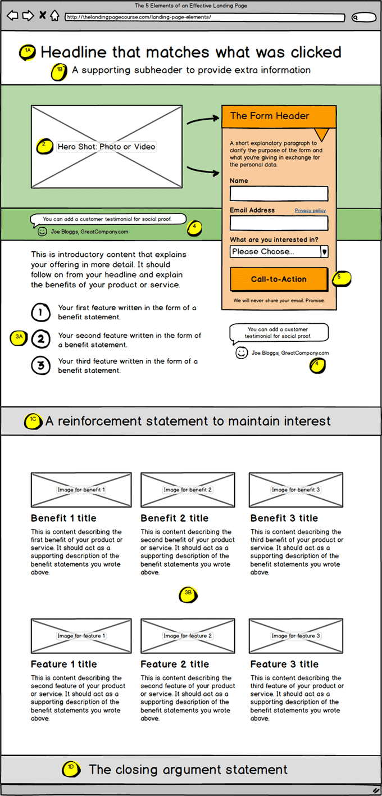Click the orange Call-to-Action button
tap(279, 279)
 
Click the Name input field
tap(279, 193)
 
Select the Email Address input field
tap(279, 223)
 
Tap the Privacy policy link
tap(310, 210)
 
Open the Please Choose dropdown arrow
tap(324, 251)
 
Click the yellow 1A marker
tap(29, 52)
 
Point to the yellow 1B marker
tap(60, 71)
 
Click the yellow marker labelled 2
tap(44, 146)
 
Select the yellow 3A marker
tap(19, 337)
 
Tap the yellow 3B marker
tap(188, 594)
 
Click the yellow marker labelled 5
tap(341, 278)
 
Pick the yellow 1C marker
tap(34, 421)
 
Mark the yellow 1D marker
tap(71, 768)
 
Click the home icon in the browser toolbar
tap(54, 16)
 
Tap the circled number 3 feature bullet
tap(40, 366)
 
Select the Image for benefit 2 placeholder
tap(188, 490)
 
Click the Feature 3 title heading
tap(284, 664)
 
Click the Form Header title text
tap(270, 116)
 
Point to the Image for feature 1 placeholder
tap(81, 636)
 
